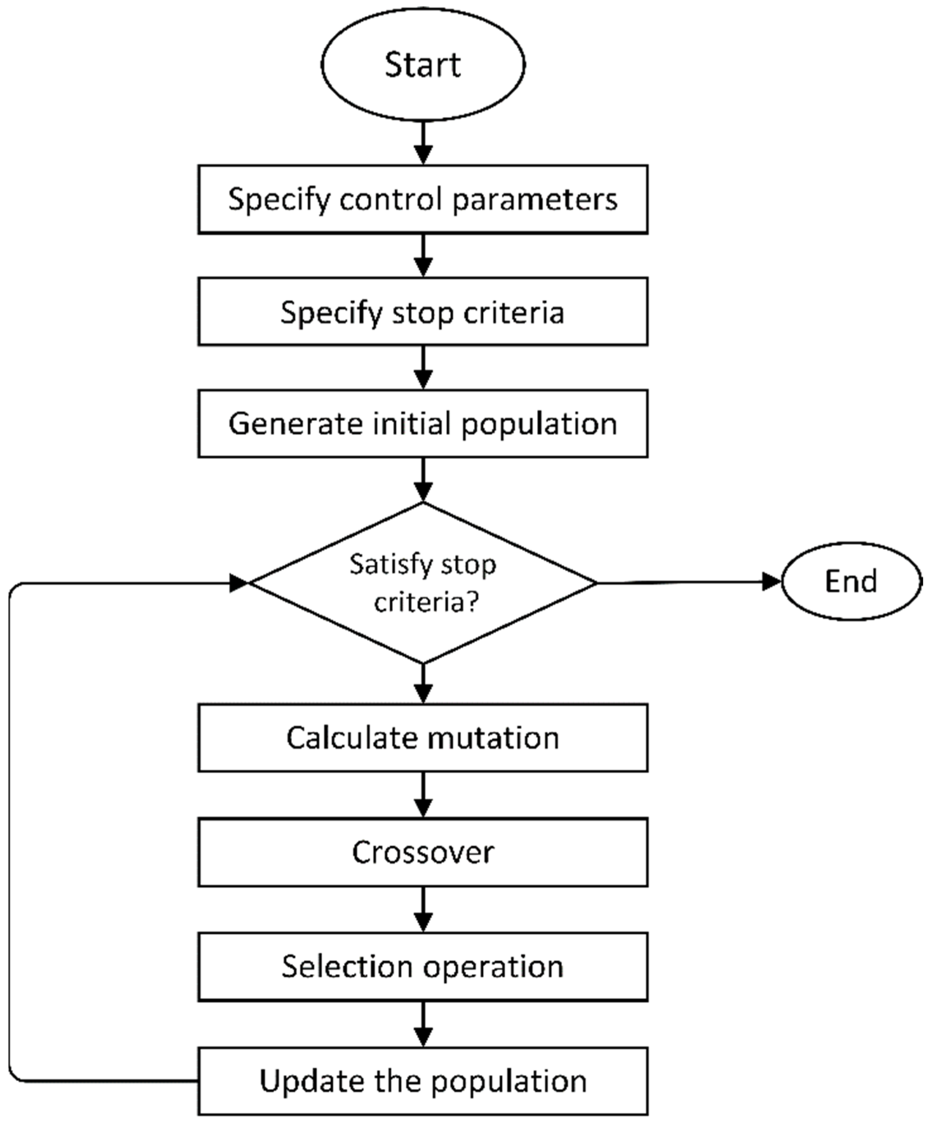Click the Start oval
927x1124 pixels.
[x=423, y=64]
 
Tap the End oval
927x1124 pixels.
[x=851, y=581]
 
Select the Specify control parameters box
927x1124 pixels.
[x=423, y=199]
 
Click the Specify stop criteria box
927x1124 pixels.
[x=423, y=312]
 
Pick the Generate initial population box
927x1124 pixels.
[x=423, y=424]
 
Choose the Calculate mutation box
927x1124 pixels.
[x=423, y=738]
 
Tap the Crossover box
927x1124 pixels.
[x=423, y=852]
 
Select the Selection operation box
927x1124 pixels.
[x=423, y=966]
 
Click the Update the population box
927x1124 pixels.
[x=423, y=1081]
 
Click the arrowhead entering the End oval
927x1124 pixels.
[x=771, y=581]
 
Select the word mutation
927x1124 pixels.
[x=493, y=738]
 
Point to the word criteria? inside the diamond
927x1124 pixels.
[x=426, y=602]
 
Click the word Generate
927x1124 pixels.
[x=296, y=424]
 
